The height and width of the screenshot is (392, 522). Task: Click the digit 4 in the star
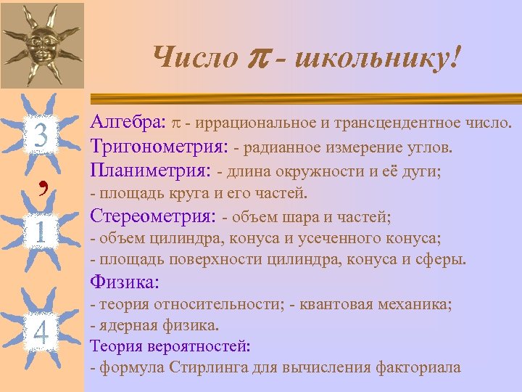click(x=41, y=332)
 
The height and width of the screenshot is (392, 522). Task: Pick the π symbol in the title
click(x=262, y=58)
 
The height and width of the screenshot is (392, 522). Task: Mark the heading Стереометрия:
click(x=152, y=216)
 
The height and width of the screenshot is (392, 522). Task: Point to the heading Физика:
click(x=124, y=281)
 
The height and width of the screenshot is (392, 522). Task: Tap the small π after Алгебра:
click(x=178, y=126)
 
